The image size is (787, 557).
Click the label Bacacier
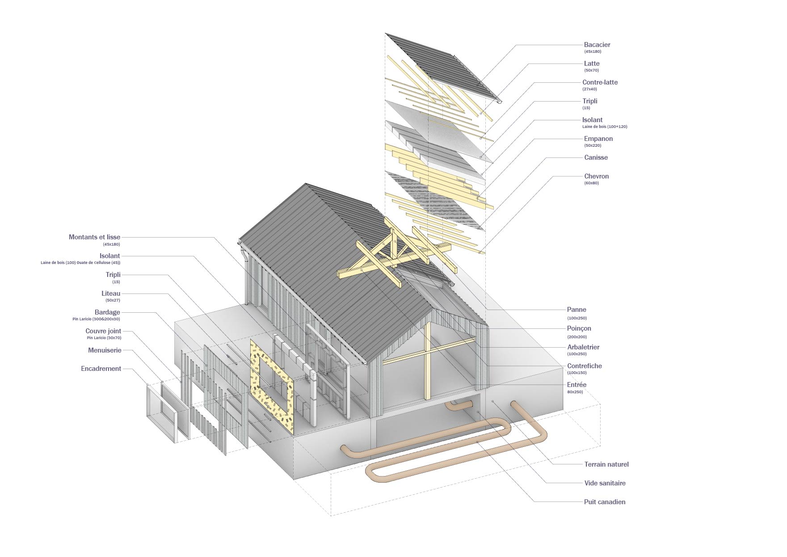tap(597, 45)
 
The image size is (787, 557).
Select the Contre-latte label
tap(600, 82)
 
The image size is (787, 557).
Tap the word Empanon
tap(598, 139)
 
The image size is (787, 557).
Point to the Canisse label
tap(596, 157)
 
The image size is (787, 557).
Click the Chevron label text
tap(596, 176)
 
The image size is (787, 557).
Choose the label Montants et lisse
tap(94, 237)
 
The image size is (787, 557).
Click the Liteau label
tap(111, 293)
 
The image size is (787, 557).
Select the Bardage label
tap(107, 312)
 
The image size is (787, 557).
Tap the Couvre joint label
tap(103, 331)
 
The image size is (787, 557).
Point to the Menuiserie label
tap(105, 350)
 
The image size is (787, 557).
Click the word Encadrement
tap(101, 369)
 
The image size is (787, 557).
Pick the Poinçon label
tap(579, 328)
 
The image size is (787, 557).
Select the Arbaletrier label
tap(583, 347)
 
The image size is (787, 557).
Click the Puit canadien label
tap(605, 502)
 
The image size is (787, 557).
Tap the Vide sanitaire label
tap(605, 483)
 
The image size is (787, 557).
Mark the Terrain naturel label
tap(606, 464)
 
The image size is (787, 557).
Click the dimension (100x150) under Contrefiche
tap(577, 373)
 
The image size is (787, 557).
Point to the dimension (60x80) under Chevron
tap(591, 183)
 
